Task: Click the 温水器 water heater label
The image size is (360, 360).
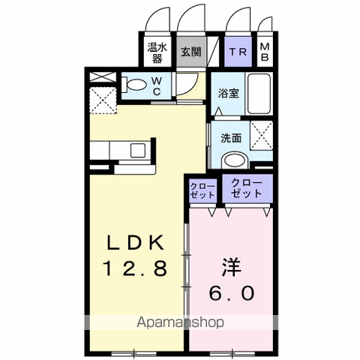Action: click(x=155, y=52)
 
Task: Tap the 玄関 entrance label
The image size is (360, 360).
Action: click(x=190, y=52)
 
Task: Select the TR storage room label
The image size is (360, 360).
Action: click(x=238, y=52)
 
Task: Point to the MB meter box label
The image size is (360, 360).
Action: click(x=265, y=52)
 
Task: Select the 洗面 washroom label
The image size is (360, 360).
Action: click(x=230, y=138)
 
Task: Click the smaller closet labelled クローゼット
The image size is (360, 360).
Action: click(x=202, y=190)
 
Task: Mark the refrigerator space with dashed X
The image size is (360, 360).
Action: click(x=102, y=99)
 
